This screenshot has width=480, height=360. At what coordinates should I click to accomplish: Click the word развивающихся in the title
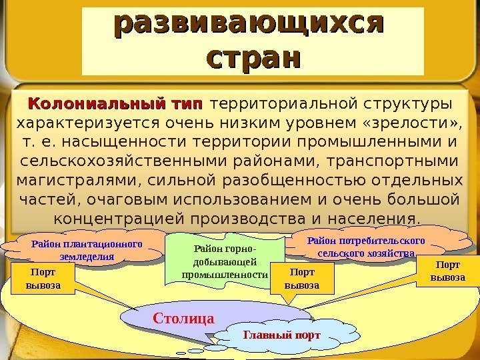click(251, 25)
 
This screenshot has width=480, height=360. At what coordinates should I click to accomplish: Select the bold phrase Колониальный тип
click(114, 105)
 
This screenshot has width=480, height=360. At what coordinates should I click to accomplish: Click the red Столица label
click(183, 318)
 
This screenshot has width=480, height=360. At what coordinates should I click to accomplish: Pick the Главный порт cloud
click(282, 335)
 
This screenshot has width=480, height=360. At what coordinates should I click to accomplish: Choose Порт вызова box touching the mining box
click(301, 280)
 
